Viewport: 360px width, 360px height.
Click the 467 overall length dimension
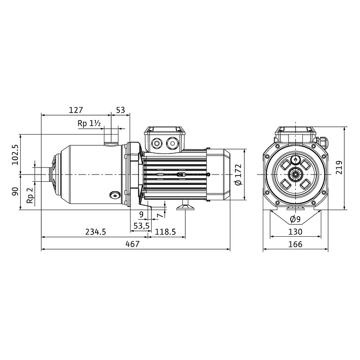click(x=132, y=244)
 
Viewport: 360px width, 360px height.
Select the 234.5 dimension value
click(x=95, y=232)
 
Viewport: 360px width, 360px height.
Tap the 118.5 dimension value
click(x=165, y=232)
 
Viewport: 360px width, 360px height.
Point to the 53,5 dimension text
click(x=141, y=226)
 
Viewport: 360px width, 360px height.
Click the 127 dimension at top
click(x=76, y=110)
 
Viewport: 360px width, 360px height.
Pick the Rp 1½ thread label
click(x=89, y=123)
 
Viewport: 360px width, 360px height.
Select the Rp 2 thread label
click(x=30, y=195)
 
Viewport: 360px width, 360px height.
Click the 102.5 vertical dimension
click(x=15, y=155)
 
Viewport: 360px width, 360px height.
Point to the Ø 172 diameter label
click(x=238, y=175)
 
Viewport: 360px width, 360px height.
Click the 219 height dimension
click(x=339, y=167)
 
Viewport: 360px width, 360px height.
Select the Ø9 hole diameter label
click(x=295, y=219)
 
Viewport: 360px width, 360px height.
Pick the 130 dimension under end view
click(x=295, y=232)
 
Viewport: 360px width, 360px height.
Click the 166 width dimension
click(x=295, y=244)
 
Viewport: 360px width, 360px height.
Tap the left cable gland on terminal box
click(x=157, y=144)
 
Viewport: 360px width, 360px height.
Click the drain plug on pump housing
click(x=115, y=196)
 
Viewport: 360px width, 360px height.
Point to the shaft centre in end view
click(x=295, y=175)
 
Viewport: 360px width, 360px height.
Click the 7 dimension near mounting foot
click(x=160, y=215)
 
